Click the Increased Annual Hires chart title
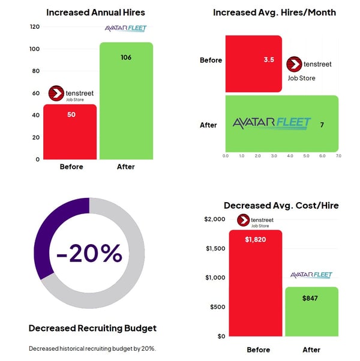[95, 12]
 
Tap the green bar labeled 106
[125, 102]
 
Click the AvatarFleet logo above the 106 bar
[125, 29]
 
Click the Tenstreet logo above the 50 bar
[71, 94]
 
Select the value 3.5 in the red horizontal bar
[269, 61]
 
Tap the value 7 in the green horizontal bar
[322, 125]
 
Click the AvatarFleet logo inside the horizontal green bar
[272, 124]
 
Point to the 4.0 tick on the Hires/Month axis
[289, 156]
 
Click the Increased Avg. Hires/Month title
[274, 12]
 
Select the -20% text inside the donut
[89, 253]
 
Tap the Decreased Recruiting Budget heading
[92, 328]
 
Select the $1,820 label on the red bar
[255, 239]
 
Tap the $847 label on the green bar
[311, 297]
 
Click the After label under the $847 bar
[311, 350]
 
